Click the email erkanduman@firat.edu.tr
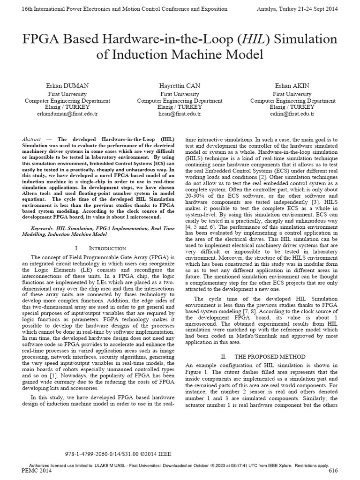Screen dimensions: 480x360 point(67,113)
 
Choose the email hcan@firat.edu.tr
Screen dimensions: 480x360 point(180,113)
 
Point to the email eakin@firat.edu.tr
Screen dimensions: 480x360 point(292,113)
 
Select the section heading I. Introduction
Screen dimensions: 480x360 point(100,247)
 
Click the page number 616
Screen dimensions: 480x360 point(333,470)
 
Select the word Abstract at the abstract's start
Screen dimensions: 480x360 point(31,140)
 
